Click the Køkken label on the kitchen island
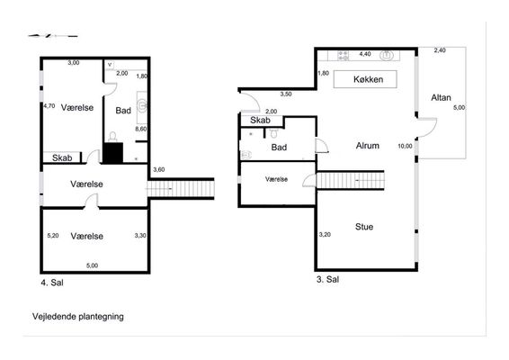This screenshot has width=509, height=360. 368,79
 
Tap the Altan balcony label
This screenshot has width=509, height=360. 441,97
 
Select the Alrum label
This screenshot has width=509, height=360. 368,146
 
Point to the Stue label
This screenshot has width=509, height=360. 364,227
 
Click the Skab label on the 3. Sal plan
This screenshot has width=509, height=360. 260,121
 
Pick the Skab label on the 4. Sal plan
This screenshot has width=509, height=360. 62,157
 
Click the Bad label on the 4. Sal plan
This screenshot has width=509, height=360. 123,111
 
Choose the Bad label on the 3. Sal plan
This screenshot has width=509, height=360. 279,148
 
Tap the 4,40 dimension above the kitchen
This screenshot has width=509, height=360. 365,54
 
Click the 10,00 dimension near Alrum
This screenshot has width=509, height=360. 405,146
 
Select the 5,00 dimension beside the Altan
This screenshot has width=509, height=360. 459,107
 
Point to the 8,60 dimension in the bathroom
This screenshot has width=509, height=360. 141,129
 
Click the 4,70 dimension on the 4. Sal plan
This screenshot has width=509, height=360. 49,106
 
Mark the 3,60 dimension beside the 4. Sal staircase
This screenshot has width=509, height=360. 159,169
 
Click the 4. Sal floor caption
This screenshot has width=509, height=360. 52,283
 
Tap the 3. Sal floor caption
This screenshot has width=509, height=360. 327,279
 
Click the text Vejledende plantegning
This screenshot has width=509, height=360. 78,317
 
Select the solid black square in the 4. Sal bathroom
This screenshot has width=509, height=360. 113,153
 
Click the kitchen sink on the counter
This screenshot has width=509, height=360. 387,55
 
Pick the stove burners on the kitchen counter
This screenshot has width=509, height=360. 343,55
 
